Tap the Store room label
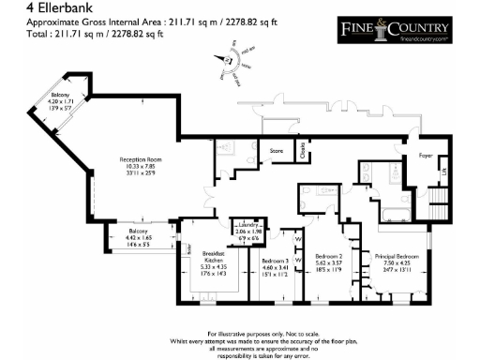277,149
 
